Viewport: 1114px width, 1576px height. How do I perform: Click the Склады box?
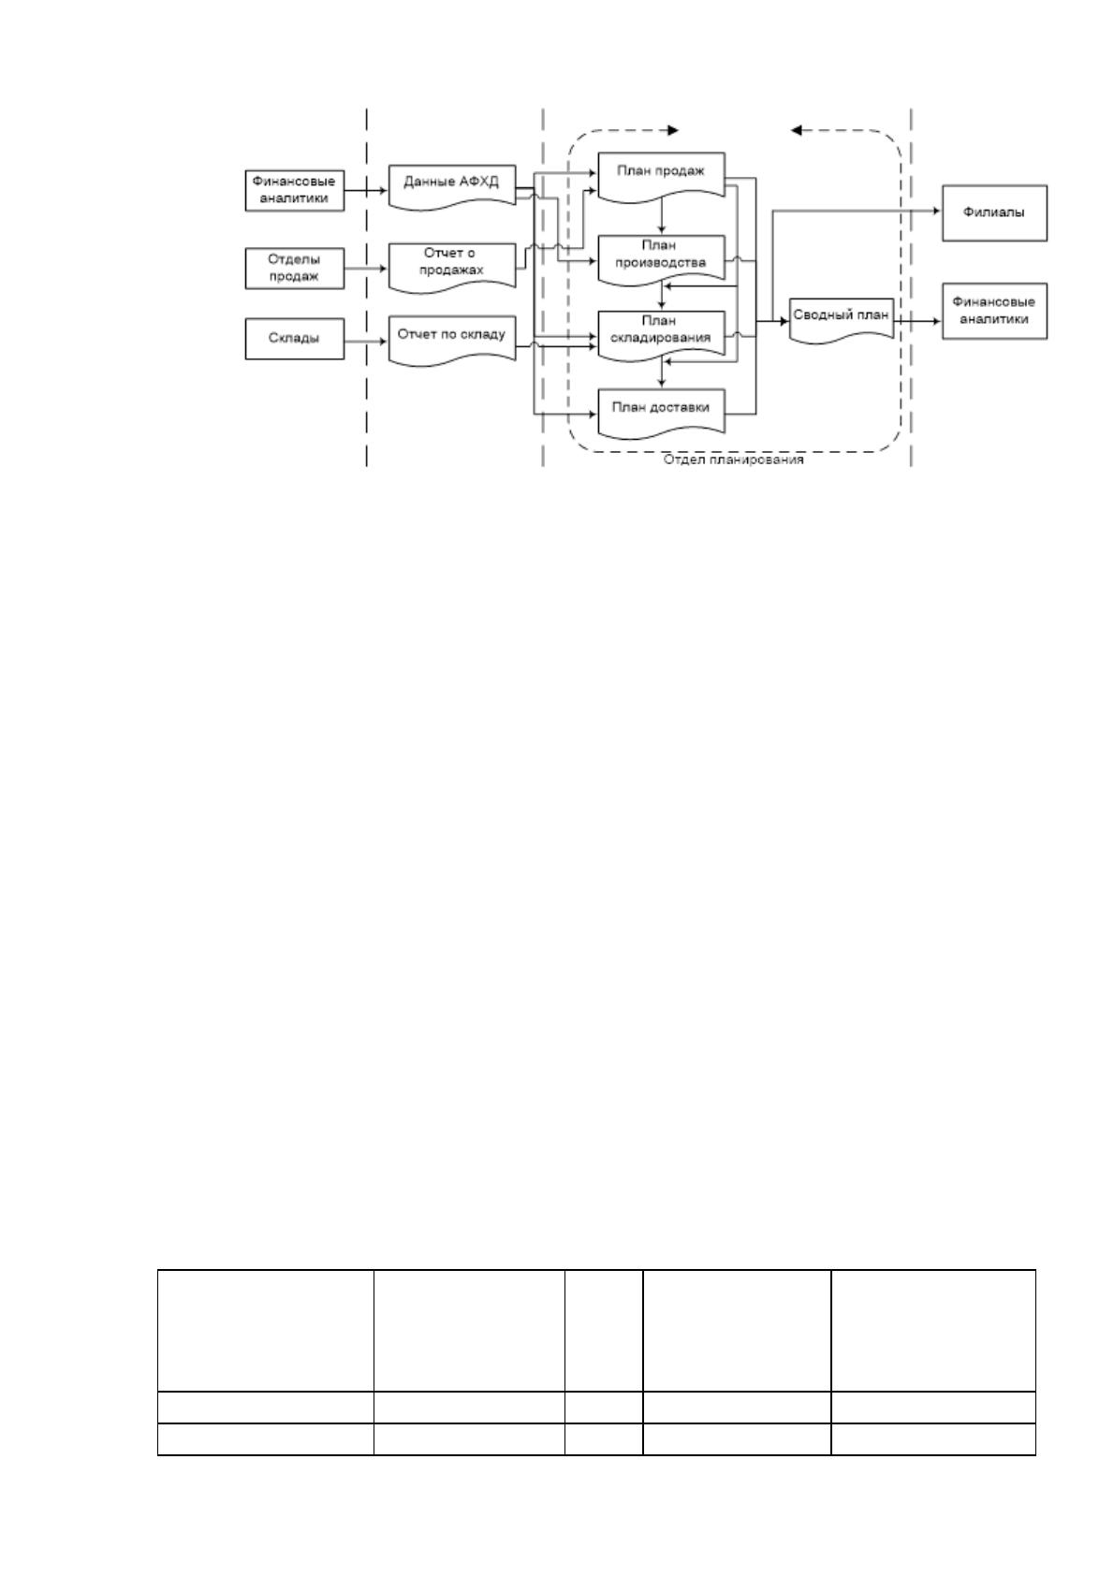(x=294, y=339)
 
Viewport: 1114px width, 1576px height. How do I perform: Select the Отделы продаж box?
(x=294, y=268)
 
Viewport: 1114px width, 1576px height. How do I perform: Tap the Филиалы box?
(x=994, y=212)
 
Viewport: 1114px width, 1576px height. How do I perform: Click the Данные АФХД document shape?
(x=452, y=186)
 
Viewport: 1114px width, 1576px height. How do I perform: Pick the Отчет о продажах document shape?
(x=452, y=266)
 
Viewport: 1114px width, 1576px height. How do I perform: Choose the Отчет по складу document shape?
(x=452, y=341)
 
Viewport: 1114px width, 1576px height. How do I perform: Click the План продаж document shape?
(x=661, y=176)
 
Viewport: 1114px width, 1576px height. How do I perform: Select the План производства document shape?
(x=661, y=259)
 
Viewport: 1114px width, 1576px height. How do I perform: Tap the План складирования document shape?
(x=661, y=336)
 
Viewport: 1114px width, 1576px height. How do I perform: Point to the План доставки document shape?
(x=661, y=412)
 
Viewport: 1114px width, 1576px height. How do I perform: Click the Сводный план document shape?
(x=841, y=320)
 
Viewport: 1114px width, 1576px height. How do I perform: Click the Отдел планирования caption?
(x=733, y=460)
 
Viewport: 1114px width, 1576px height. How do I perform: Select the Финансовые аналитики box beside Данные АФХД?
(x=294, y=190)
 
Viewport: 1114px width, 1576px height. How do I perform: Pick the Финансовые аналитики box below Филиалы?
(x=994, y=311)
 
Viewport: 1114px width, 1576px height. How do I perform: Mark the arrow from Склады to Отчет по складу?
(x=366, y=342)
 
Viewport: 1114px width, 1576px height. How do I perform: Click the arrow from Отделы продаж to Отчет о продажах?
(x=366, y=268)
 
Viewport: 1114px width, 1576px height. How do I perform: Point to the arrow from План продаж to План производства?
(x=662, y=216)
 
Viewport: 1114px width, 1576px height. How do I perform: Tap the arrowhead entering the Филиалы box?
(x=937, y=211)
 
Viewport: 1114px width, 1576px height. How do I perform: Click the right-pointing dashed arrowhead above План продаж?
(x=673, y=130)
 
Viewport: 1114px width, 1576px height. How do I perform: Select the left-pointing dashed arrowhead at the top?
(x=796, y=130)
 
